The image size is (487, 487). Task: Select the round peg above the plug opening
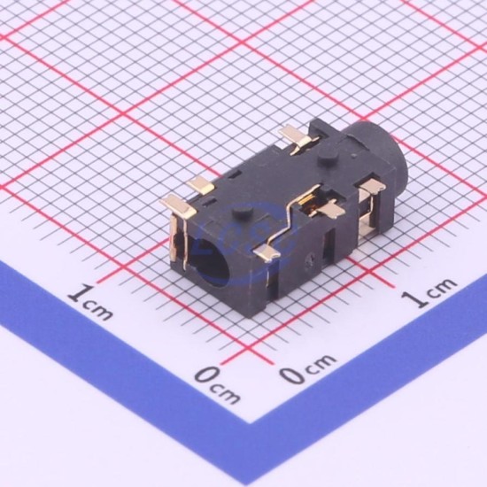coord(243,213)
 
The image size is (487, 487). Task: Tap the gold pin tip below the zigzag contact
coord(267,252)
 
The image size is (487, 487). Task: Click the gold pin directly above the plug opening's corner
coord(178,205)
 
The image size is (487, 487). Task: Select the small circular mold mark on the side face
coord(310,258)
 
